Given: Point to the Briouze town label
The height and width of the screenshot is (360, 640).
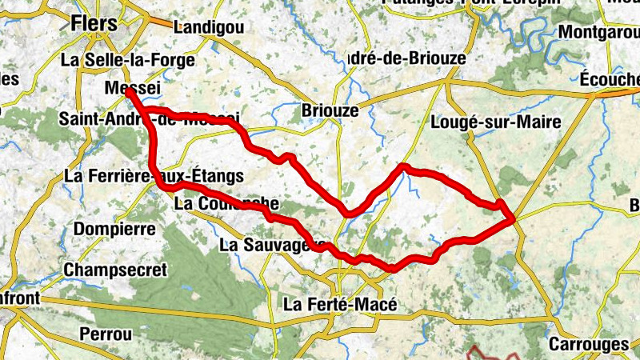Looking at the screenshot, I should tap(330, 110).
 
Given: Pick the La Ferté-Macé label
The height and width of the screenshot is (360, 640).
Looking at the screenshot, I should tap(341, 305).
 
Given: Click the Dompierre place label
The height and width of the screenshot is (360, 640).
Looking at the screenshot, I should tap(114, 229).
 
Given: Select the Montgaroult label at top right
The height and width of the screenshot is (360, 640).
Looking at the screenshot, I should tap(600, 33).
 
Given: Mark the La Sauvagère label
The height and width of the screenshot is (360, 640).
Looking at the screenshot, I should tap(272, 243).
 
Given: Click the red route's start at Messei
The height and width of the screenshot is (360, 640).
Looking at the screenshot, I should tap(129, 92).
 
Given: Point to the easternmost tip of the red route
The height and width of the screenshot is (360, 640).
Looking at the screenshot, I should tap(512, 217).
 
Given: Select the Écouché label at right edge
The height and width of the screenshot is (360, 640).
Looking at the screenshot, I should tap(610, 79).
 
